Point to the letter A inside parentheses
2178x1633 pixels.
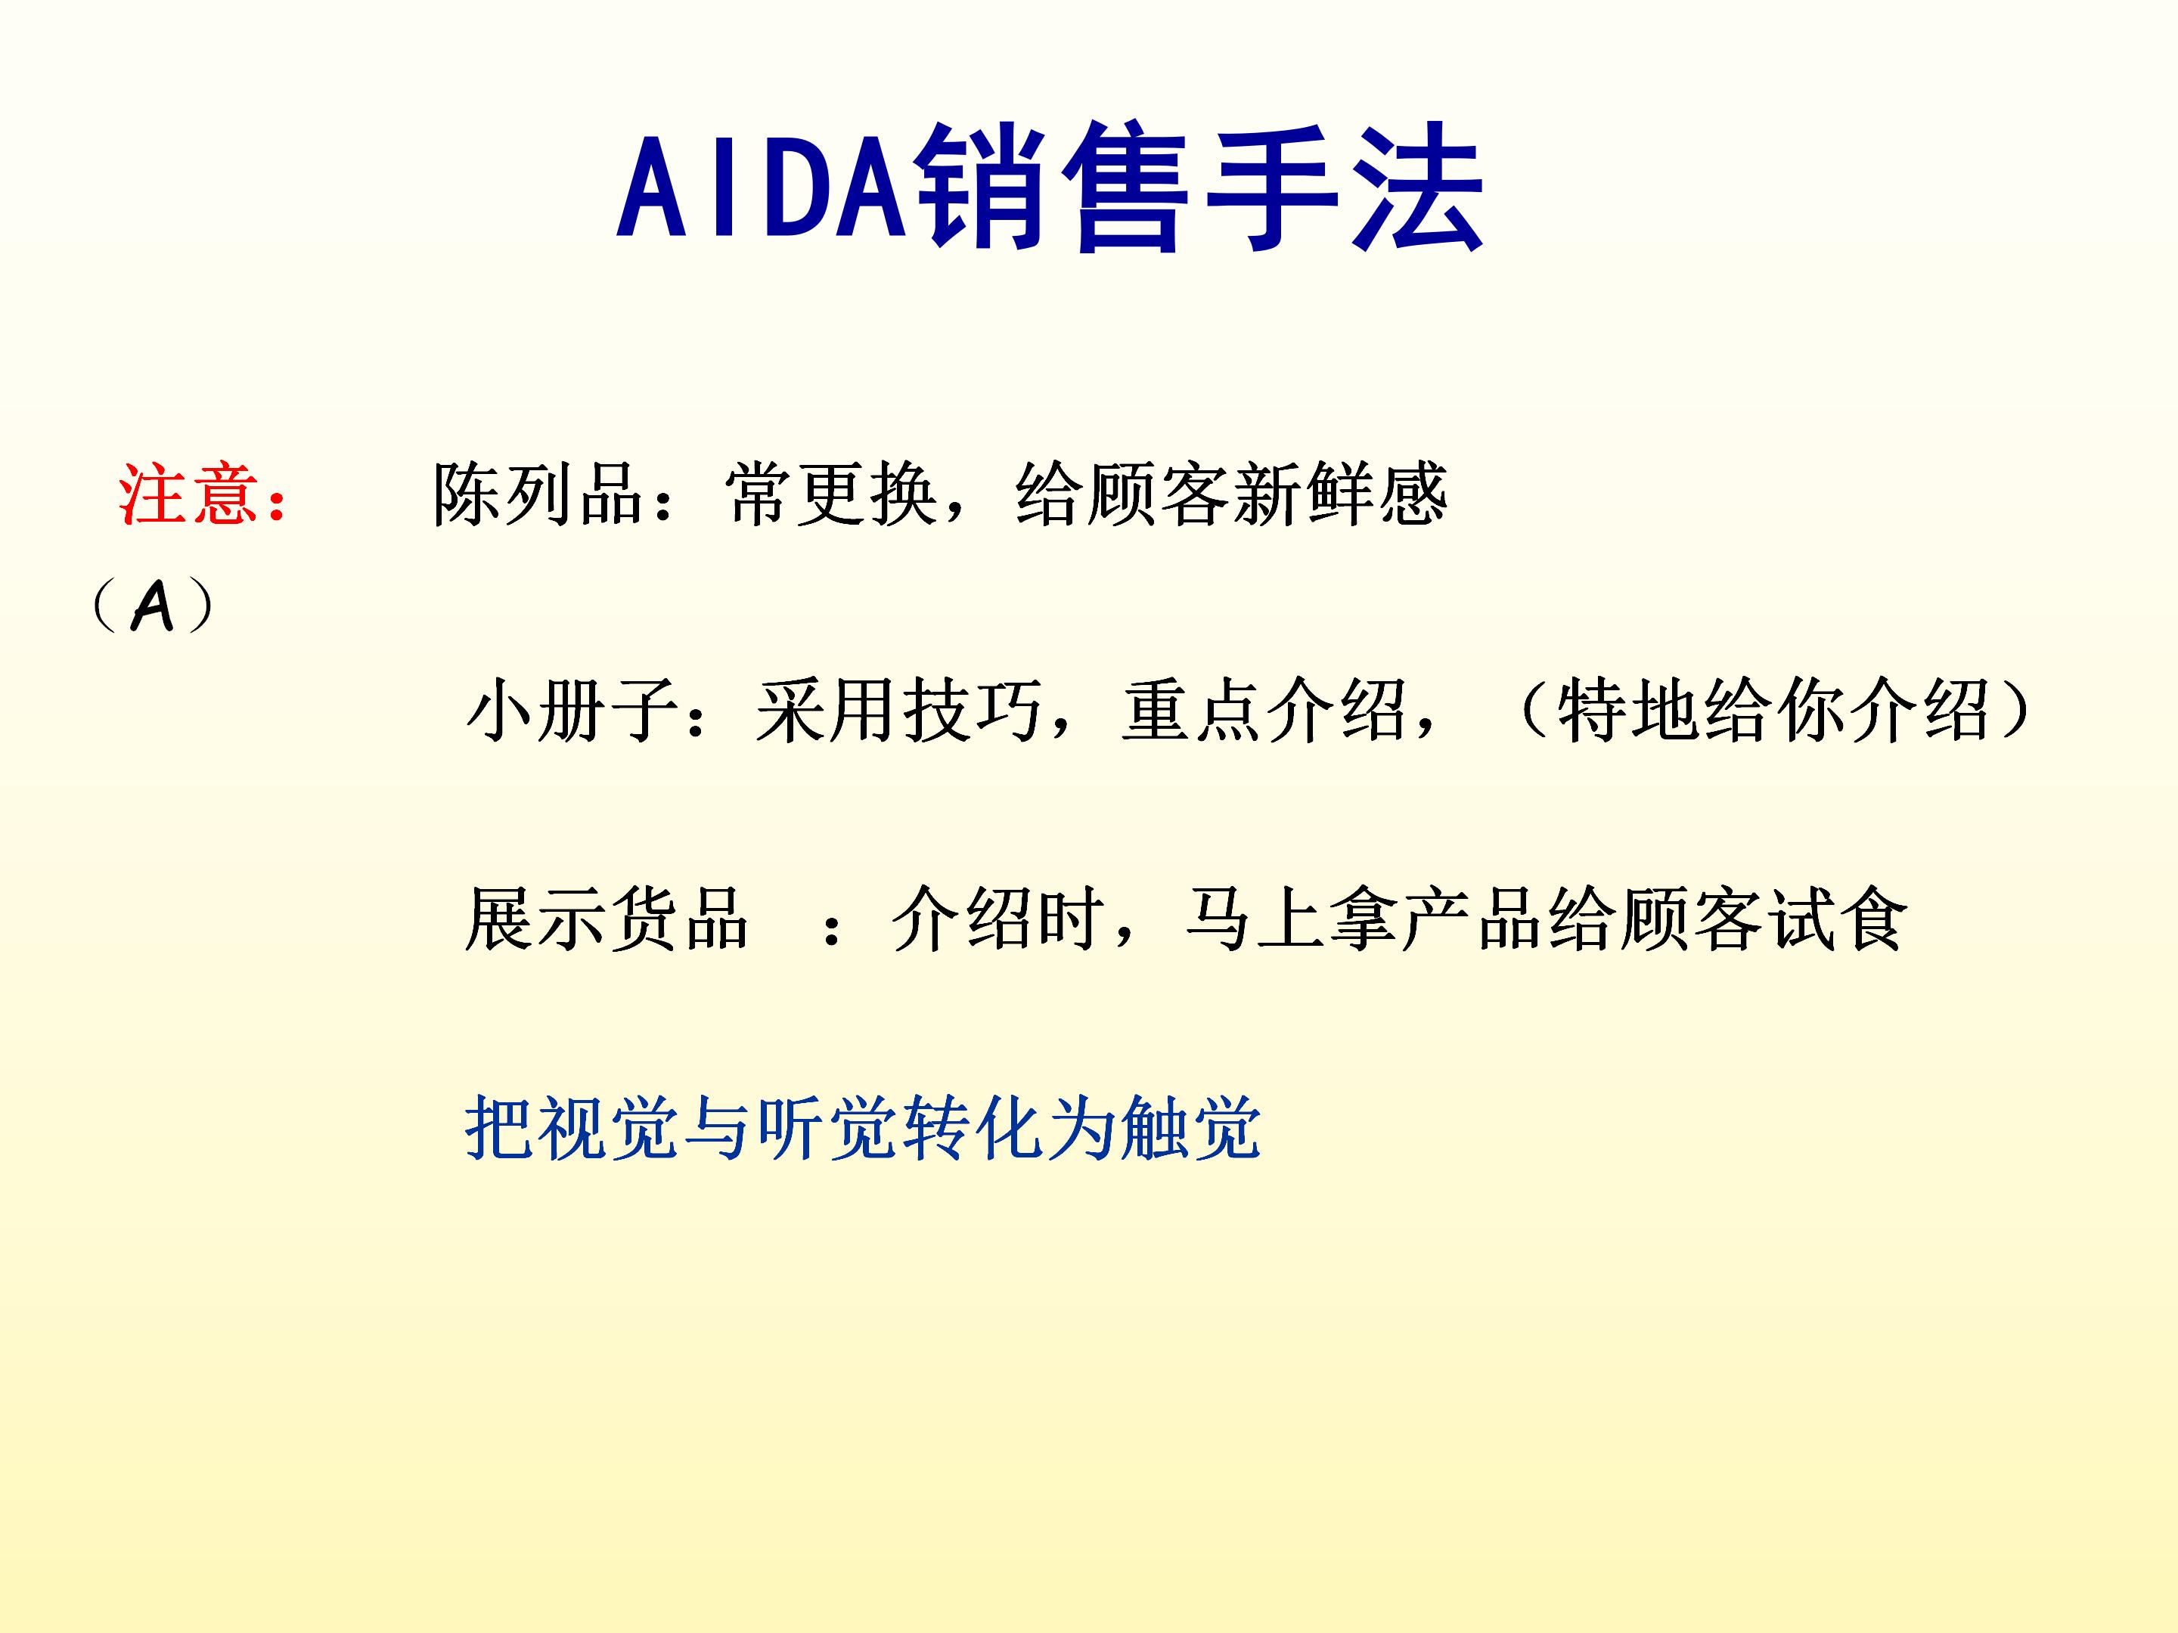(x=153, y=606)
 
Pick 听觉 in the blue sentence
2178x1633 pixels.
(x=829, y=1128)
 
